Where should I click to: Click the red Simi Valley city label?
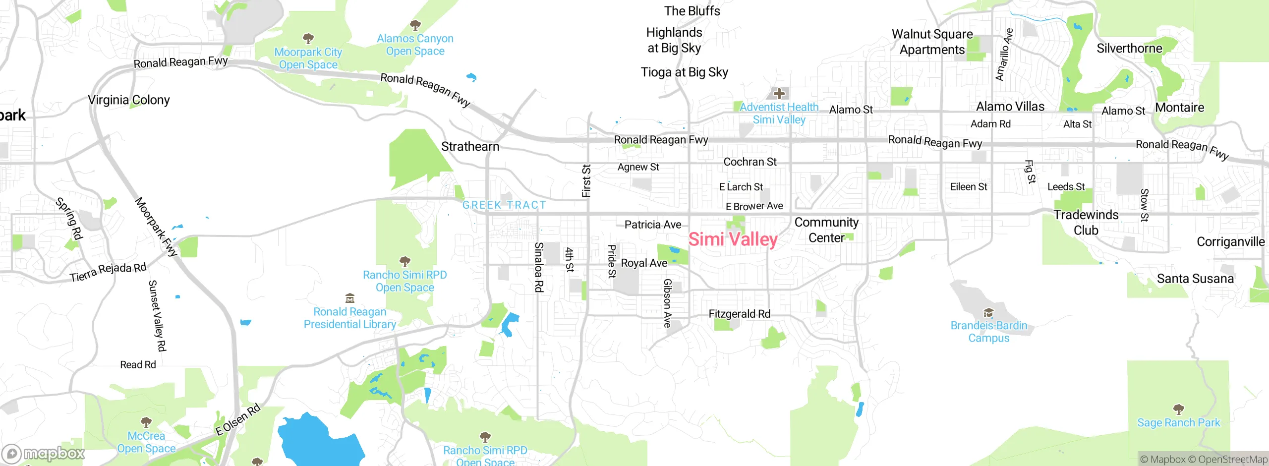pyautogui.click(x=733, y=239)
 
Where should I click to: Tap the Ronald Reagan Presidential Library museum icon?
pyautogui.click(x=350, y=298)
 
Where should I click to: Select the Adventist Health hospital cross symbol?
pyautogui.click(x=779, y=93)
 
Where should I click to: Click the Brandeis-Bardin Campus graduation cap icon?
pyautogui.click(x=988, y=312)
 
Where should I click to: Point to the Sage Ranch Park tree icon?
pyautogui.click(x=1178, y=409)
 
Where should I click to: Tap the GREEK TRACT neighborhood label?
pyautogui.click(x=504, y=205)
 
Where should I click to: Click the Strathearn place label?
pyautogui.click(x=470, y=146)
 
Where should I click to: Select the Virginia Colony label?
pyautogui.click(x=129, y=100)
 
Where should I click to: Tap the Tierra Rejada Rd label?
pyautogui.click(x=108, y=272)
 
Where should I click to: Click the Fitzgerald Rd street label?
pyautogui.click(x=739, y=314)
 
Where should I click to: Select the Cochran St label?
pyautogui.click(x=750, y=162)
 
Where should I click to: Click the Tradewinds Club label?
pyautogui.click(x=1086, y=223)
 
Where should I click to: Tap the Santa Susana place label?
pyautogui.click(x=1195, y=279)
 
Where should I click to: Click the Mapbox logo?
pyautogui.click(x=44, y=454)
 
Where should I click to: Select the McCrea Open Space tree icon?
pyautogui.click(x=146, y=422)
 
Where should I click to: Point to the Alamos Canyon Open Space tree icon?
pyautogui.click(x=415, y=25)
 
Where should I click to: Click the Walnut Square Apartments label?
pyautogui.click(x=932, y=42)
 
